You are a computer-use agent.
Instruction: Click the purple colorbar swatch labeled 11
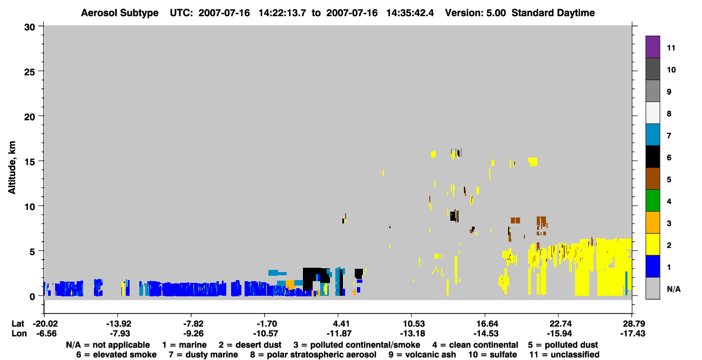(x=652, y=47)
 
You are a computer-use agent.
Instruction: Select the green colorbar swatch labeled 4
(x=652, y=201)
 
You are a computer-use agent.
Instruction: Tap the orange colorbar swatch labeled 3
(x=652, y=222)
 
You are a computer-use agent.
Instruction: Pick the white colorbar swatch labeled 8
(x=652, y=113)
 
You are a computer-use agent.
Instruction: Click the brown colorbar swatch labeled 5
(x=652, y=179)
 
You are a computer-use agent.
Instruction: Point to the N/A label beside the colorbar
(x=673, y=289)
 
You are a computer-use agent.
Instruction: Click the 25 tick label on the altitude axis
(x=30, y=72)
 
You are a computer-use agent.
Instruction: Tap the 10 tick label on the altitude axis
(x=30, y=207)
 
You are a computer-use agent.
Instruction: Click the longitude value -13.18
(x=413, y=334)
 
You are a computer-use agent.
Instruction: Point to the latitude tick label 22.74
(x=559, y=323)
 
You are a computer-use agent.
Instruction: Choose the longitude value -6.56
(x=46, y=334)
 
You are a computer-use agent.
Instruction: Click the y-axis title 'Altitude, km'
(x=12, y=168)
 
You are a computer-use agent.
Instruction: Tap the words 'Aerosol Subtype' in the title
(x=120, y=13)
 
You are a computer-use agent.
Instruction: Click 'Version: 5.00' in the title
(x=475, y=13)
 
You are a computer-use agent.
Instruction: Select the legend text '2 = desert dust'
(x=250, y=345)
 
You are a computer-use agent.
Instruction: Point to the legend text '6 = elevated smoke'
(x=116, y=355)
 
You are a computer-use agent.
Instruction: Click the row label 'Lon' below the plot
(x=19, y=334)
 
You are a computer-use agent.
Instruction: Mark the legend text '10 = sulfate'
(x=492, y=355)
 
